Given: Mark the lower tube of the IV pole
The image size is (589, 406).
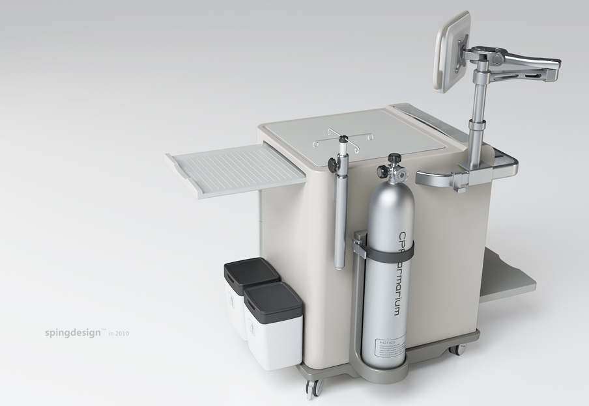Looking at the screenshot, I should point(339,228).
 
